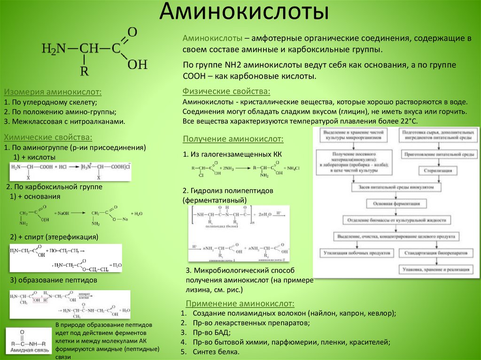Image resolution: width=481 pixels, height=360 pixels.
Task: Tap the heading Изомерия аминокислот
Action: [x=53, y=92]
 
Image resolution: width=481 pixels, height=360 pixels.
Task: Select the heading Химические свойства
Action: [x=48, y=137]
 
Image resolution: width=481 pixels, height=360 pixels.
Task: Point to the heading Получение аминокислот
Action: [x=233, y=139]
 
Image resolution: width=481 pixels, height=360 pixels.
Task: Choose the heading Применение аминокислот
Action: [x=240, y=303]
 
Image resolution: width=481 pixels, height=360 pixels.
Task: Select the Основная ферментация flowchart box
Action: [x=396, y=204]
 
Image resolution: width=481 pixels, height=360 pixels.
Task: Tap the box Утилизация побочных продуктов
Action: [x=357, y=253]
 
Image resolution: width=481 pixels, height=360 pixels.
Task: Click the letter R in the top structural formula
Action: [x=84, y=71]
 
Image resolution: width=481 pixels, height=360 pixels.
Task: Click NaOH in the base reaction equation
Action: [x=63, y=213]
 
